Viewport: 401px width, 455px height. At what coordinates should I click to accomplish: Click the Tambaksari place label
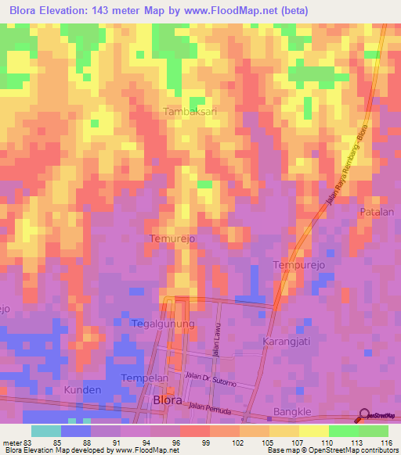click(x=189, y=112)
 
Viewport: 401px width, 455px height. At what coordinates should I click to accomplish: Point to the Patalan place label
click(x=376, y=212)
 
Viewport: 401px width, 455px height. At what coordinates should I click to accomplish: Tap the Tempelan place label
click(x=145, y=378)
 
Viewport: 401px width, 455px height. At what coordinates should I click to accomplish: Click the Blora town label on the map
click(x=168, y=400)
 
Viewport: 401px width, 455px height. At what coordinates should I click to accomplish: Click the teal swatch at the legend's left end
click(x=46, y=431)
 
